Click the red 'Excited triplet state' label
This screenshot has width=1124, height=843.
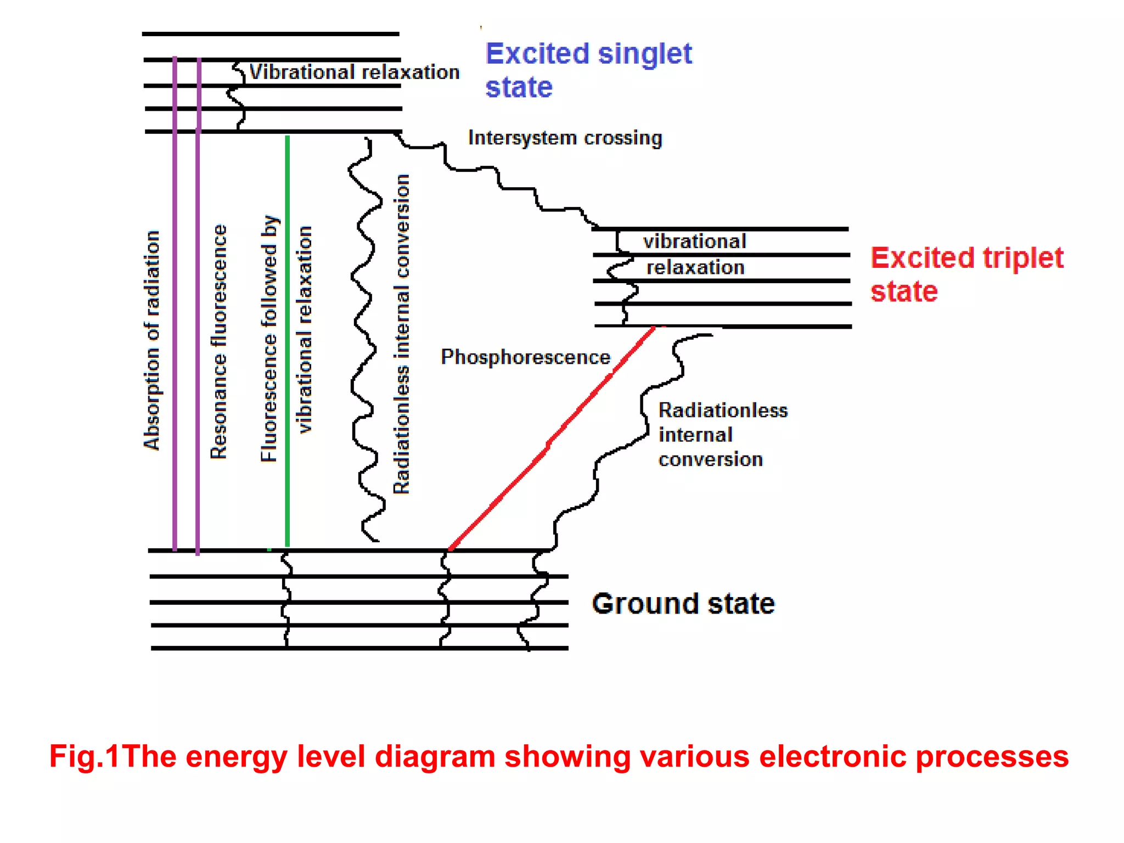tap(966, 273)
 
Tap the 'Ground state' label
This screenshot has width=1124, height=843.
tap(683, 603)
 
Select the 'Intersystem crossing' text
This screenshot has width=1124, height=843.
tap(564, 138)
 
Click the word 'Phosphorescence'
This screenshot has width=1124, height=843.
tap(525, 357)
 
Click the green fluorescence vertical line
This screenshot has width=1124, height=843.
tap(287, 340)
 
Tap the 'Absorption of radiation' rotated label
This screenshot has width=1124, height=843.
tap(151, 340)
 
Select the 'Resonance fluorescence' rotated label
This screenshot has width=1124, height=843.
tap(218, 341)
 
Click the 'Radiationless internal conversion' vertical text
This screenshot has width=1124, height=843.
tap(401, 334)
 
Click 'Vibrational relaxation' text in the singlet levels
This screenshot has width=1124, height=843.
tap(354, 72)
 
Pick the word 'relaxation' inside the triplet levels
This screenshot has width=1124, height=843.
tap(695, 267)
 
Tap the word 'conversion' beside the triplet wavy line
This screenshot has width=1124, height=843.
tap(710, 459)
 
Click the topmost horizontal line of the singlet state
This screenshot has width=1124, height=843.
tap(270, 34)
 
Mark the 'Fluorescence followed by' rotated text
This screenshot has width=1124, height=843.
tap(269, 338)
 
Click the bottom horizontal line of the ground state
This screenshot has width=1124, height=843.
tap(359, 648)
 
